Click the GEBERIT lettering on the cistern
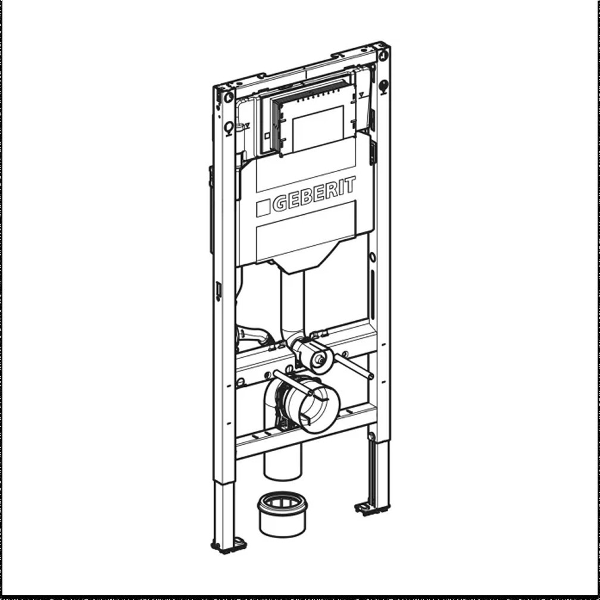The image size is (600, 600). [x=314, y=193]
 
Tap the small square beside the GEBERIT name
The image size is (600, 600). [x=263, y=208]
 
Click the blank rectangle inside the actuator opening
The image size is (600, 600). [x=318, y=128]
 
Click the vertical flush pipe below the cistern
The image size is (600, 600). [x=292, y=304]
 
